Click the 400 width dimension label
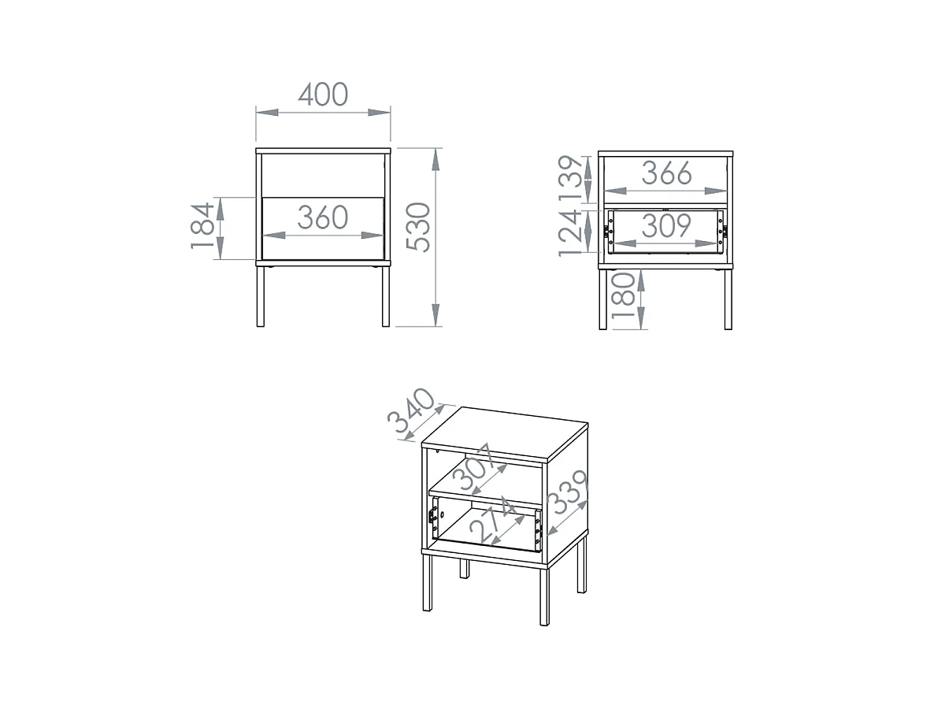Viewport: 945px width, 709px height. coord(322,95)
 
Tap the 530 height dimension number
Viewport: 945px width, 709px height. coord(418,227)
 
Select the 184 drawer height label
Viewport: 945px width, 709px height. coord(202,226)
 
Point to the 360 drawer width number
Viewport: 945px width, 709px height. coord(322,217)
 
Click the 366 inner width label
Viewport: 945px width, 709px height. coord(666,173)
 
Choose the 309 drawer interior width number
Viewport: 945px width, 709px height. coord(666,225)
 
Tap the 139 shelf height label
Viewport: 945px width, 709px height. coord(570,178)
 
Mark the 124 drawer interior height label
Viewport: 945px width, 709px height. coord(570,234)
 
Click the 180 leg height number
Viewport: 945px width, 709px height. coord(623,295)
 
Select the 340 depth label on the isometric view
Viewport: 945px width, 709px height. coord(411,410)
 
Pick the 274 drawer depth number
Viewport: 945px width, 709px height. coord(492,522)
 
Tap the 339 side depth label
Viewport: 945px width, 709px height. coord(569,492)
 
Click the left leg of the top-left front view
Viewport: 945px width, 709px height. coord(260,296)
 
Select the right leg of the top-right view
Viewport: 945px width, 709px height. coord(728,299)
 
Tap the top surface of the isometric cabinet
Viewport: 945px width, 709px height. coord(505,432)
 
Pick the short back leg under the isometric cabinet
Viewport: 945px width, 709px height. coord(464,568)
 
